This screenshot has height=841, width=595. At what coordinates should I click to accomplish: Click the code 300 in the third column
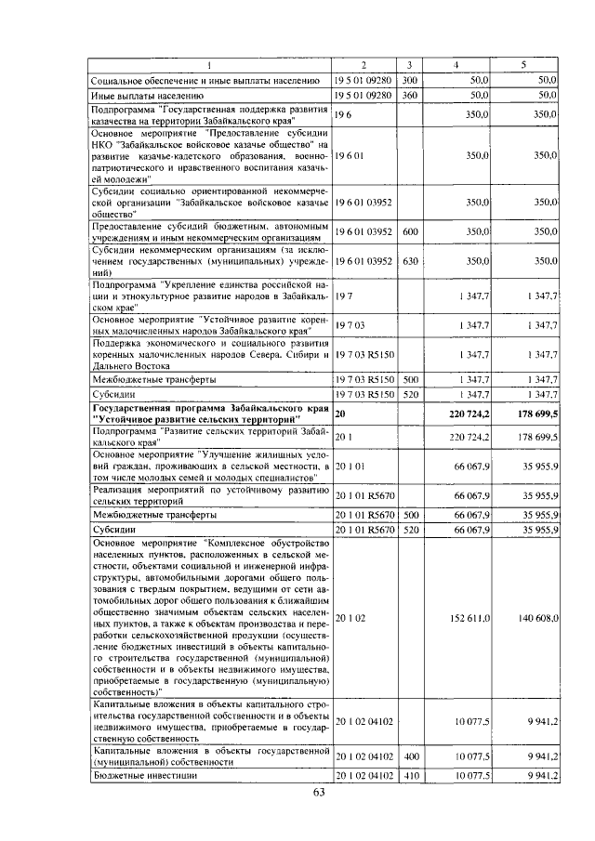point(409,81)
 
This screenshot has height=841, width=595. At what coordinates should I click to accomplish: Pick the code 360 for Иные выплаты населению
point(409,95)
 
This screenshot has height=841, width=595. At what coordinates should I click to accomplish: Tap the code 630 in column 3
point(409,262)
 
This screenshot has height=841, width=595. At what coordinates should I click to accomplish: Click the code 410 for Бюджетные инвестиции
point(409,775)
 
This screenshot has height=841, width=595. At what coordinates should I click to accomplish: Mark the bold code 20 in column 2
point(340,413)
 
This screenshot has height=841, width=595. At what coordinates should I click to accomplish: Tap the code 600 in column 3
point(409,232)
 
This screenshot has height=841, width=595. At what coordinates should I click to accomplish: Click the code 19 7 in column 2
point(343,296)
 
